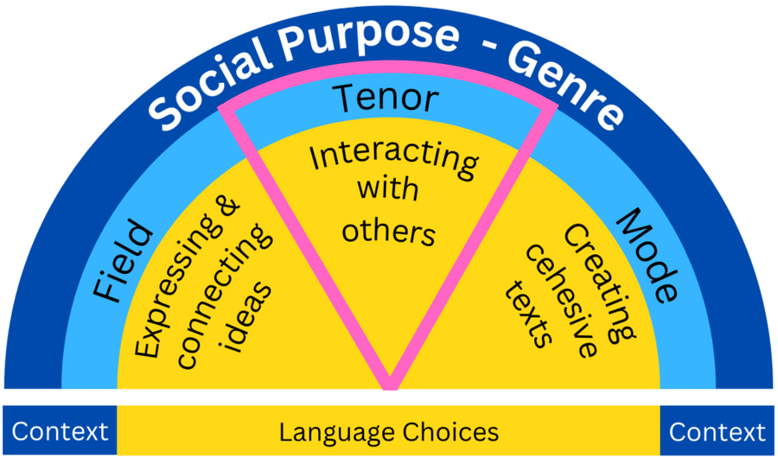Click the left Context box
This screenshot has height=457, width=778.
60,431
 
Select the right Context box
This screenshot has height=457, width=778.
717,431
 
